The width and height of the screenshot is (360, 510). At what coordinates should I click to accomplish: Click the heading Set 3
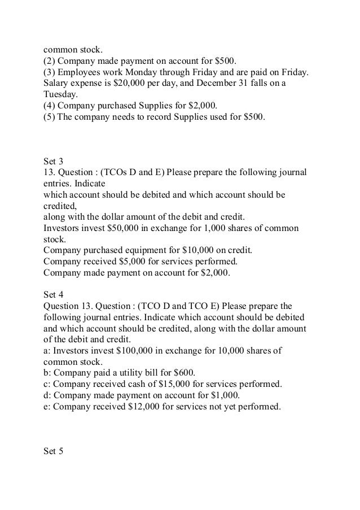click(53, 161)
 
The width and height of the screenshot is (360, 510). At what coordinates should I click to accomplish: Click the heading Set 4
click(53, 294)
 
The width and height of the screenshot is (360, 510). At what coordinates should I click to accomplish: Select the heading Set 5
click(53, 451)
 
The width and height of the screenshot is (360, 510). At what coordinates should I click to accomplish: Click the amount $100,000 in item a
click(135, 350)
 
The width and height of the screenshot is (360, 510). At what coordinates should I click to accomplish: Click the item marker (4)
click(50, 106)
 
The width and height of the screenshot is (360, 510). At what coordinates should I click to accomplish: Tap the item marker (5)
click(50, 117)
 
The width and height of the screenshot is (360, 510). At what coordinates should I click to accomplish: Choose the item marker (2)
click(50, 61)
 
